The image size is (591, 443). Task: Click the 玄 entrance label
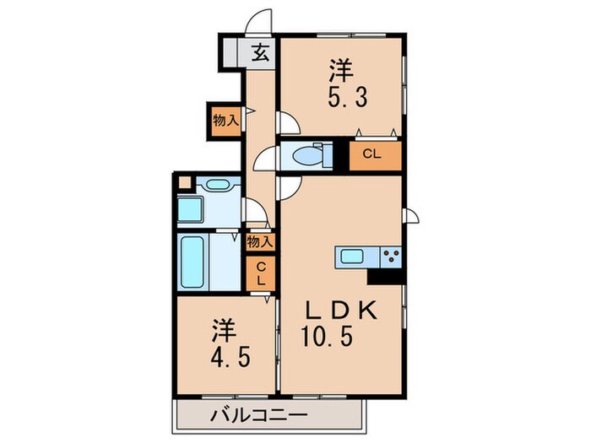tap(261, 53)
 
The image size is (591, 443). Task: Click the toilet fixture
tap(305, 155)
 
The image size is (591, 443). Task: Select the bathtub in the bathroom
tap(194, 262)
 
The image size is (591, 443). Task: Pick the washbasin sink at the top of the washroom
tap(218, 185)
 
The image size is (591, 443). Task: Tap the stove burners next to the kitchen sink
tap(390, 257)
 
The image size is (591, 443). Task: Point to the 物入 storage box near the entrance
tap(225, 120)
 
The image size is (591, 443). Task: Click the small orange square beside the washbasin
tap(184, 181)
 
